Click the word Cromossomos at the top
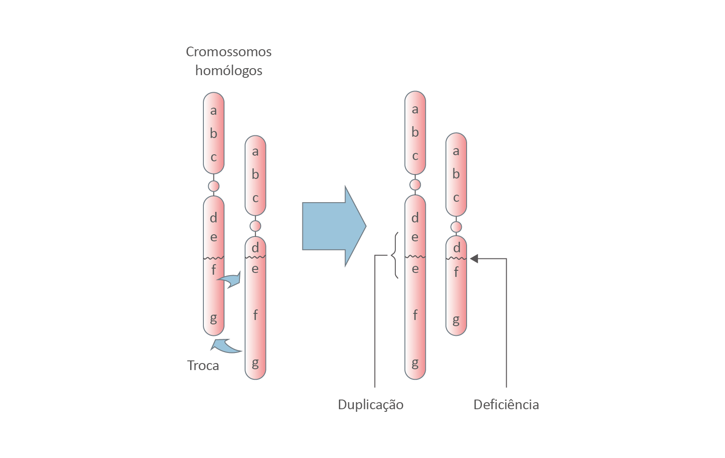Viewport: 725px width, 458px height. pos(228,52)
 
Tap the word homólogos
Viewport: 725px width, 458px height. pos(228,70)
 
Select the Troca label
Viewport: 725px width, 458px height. pos(203,365)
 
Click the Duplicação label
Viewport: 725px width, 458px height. pos(371,404)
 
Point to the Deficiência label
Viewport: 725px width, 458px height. pos(506,404)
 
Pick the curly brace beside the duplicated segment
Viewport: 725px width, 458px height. pos(394,255)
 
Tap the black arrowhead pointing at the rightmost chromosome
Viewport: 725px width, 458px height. pos(474,258)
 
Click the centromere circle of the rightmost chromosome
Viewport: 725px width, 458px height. pos(456,227)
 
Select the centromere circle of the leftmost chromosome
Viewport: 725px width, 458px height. pos(213,185)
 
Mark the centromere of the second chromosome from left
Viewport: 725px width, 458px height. pos(255,226)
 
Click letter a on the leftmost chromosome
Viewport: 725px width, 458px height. pos(213,110)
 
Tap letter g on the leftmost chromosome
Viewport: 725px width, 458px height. pos(213,318)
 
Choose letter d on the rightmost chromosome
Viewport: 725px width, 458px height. pos(456,248)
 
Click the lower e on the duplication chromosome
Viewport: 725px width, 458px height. pos(415,269)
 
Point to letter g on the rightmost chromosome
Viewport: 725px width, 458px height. pos(456,320)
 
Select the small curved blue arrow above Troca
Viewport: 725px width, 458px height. pos(225,346)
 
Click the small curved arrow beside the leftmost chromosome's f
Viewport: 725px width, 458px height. pos(230,280)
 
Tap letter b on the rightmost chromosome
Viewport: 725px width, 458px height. pos(456,174)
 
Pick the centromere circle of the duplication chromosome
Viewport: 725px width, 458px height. pos(415,184)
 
